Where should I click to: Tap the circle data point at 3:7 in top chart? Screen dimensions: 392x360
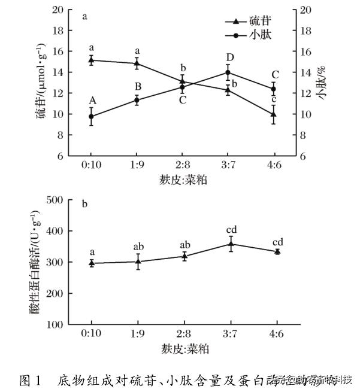tap(228, 72)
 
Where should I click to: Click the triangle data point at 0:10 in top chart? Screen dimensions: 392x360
tap(91, 60)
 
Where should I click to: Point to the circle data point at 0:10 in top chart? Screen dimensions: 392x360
tap(91, 117)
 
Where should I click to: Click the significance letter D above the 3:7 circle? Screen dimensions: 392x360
tap(229, 58)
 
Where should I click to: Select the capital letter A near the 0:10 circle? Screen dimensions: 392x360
tap(92, 101)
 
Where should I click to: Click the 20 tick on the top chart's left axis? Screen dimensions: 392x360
tap(58, 10)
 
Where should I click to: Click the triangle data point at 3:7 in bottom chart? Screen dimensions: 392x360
tap(228, 244)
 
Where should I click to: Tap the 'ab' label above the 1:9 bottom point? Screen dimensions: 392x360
tap(139, 247)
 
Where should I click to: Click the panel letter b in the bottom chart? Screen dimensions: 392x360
tap(85, 205)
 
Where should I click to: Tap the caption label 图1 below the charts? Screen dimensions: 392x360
tap(29, 380)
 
